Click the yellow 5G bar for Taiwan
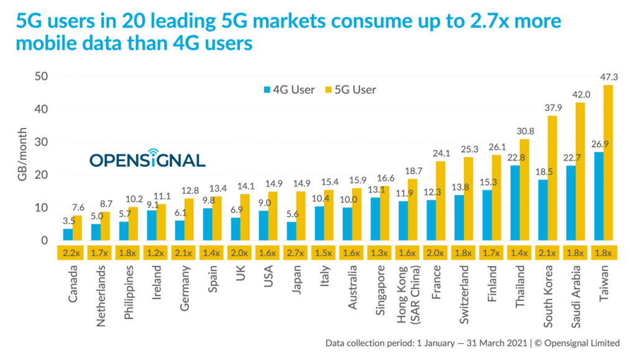pyautogui.click(x=608, y=163)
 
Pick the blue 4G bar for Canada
pyautogui.click(x=67, y=234)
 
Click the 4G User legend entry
pyautogui.click(x=290, y=90)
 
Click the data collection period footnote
pyautogui.click(x=472, y=343)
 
